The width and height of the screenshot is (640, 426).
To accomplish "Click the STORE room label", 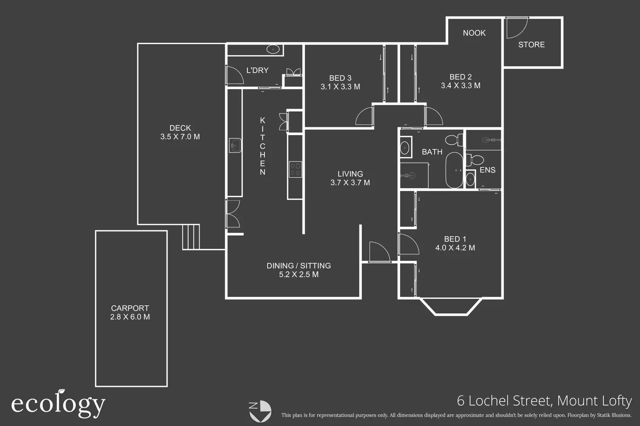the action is click(x=531, y=45).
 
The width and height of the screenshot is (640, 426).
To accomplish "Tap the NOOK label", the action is click(x=474, y=33).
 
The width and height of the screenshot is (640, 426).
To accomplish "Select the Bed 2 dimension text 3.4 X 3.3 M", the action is click(x=460, y=86).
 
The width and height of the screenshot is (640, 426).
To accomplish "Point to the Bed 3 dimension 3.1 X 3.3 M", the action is click(x=340, y=87).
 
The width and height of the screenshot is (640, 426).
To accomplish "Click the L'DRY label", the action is click(x=257, y=70).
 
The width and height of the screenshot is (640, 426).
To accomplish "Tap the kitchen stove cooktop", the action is click(x=295, y=169).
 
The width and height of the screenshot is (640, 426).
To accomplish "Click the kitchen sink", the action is click(x=235, y=145).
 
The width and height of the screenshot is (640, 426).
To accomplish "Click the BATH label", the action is click(x=432, y=152).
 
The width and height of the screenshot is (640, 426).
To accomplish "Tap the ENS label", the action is click(x=487, y=170).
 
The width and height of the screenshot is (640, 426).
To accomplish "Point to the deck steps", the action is click(x=190, y=237).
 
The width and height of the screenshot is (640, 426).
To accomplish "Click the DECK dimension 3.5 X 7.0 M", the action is click(x=180, y=137).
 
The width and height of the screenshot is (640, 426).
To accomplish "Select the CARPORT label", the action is click(x=130, y=308).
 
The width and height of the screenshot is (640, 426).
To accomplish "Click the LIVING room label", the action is click(x=350, y=174).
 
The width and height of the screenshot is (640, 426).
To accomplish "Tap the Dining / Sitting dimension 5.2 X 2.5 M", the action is click(x=299, y=274).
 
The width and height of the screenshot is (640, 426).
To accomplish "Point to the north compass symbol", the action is click(x=260, y=411).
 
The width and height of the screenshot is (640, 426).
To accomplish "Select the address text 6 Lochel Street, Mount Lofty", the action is click(x=544, y=400).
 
